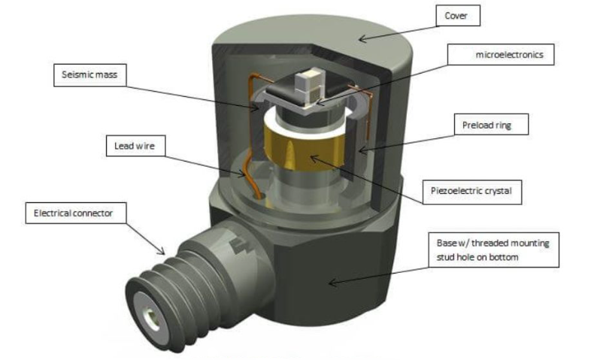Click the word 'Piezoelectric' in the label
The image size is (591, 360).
tap(465, 191)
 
